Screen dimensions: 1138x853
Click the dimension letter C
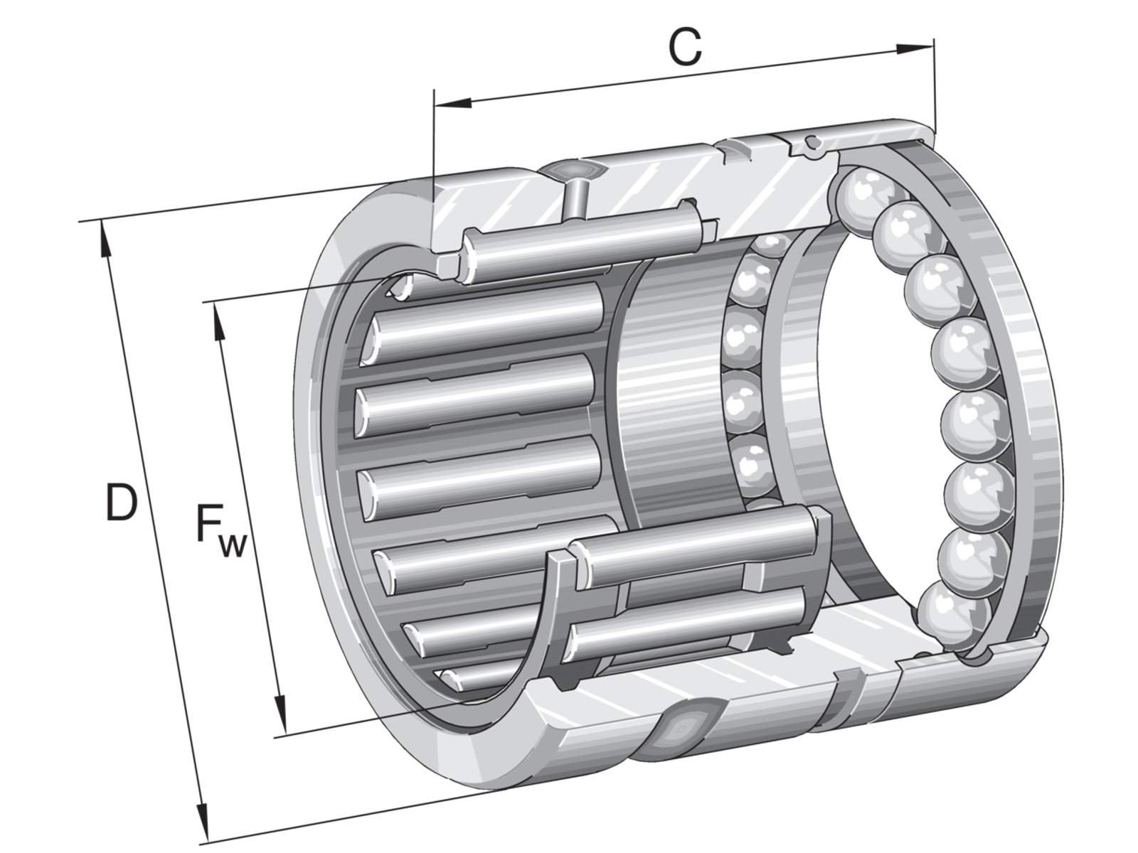(685, 48)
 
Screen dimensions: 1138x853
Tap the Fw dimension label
(221, 530)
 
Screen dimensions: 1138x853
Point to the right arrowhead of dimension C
(915, 48)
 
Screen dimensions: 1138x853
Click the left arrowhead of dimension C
(453, 102)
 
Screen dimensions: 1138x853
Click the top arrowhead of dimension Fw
(220, 321)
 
